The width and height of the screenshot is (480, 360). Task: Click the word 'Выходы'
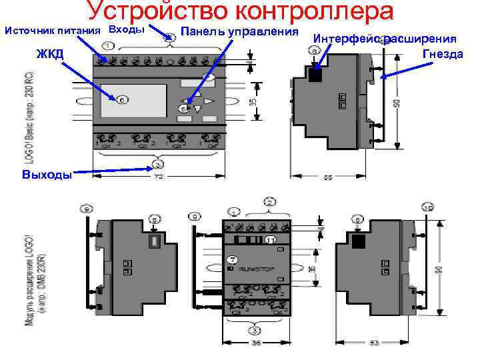pyautogui.click(x=47, y=175)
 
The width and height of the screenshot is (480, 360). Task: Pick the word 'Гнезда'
pyautogui.click(x=442, y=53)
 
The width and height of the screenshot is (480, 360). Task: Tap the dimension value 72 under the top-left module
pyautogui.click(x=159, y=177)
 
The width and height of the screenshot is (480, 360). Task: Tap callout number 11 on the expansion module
pyautogui.click(x=270, y=239)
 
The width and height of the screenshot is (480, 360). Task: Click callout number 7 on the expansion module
pyautogui.click(x=233, y=259)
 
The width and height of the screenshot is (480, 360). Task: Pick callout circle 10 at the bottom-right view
pyautogui.click(x=427, y=208)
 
